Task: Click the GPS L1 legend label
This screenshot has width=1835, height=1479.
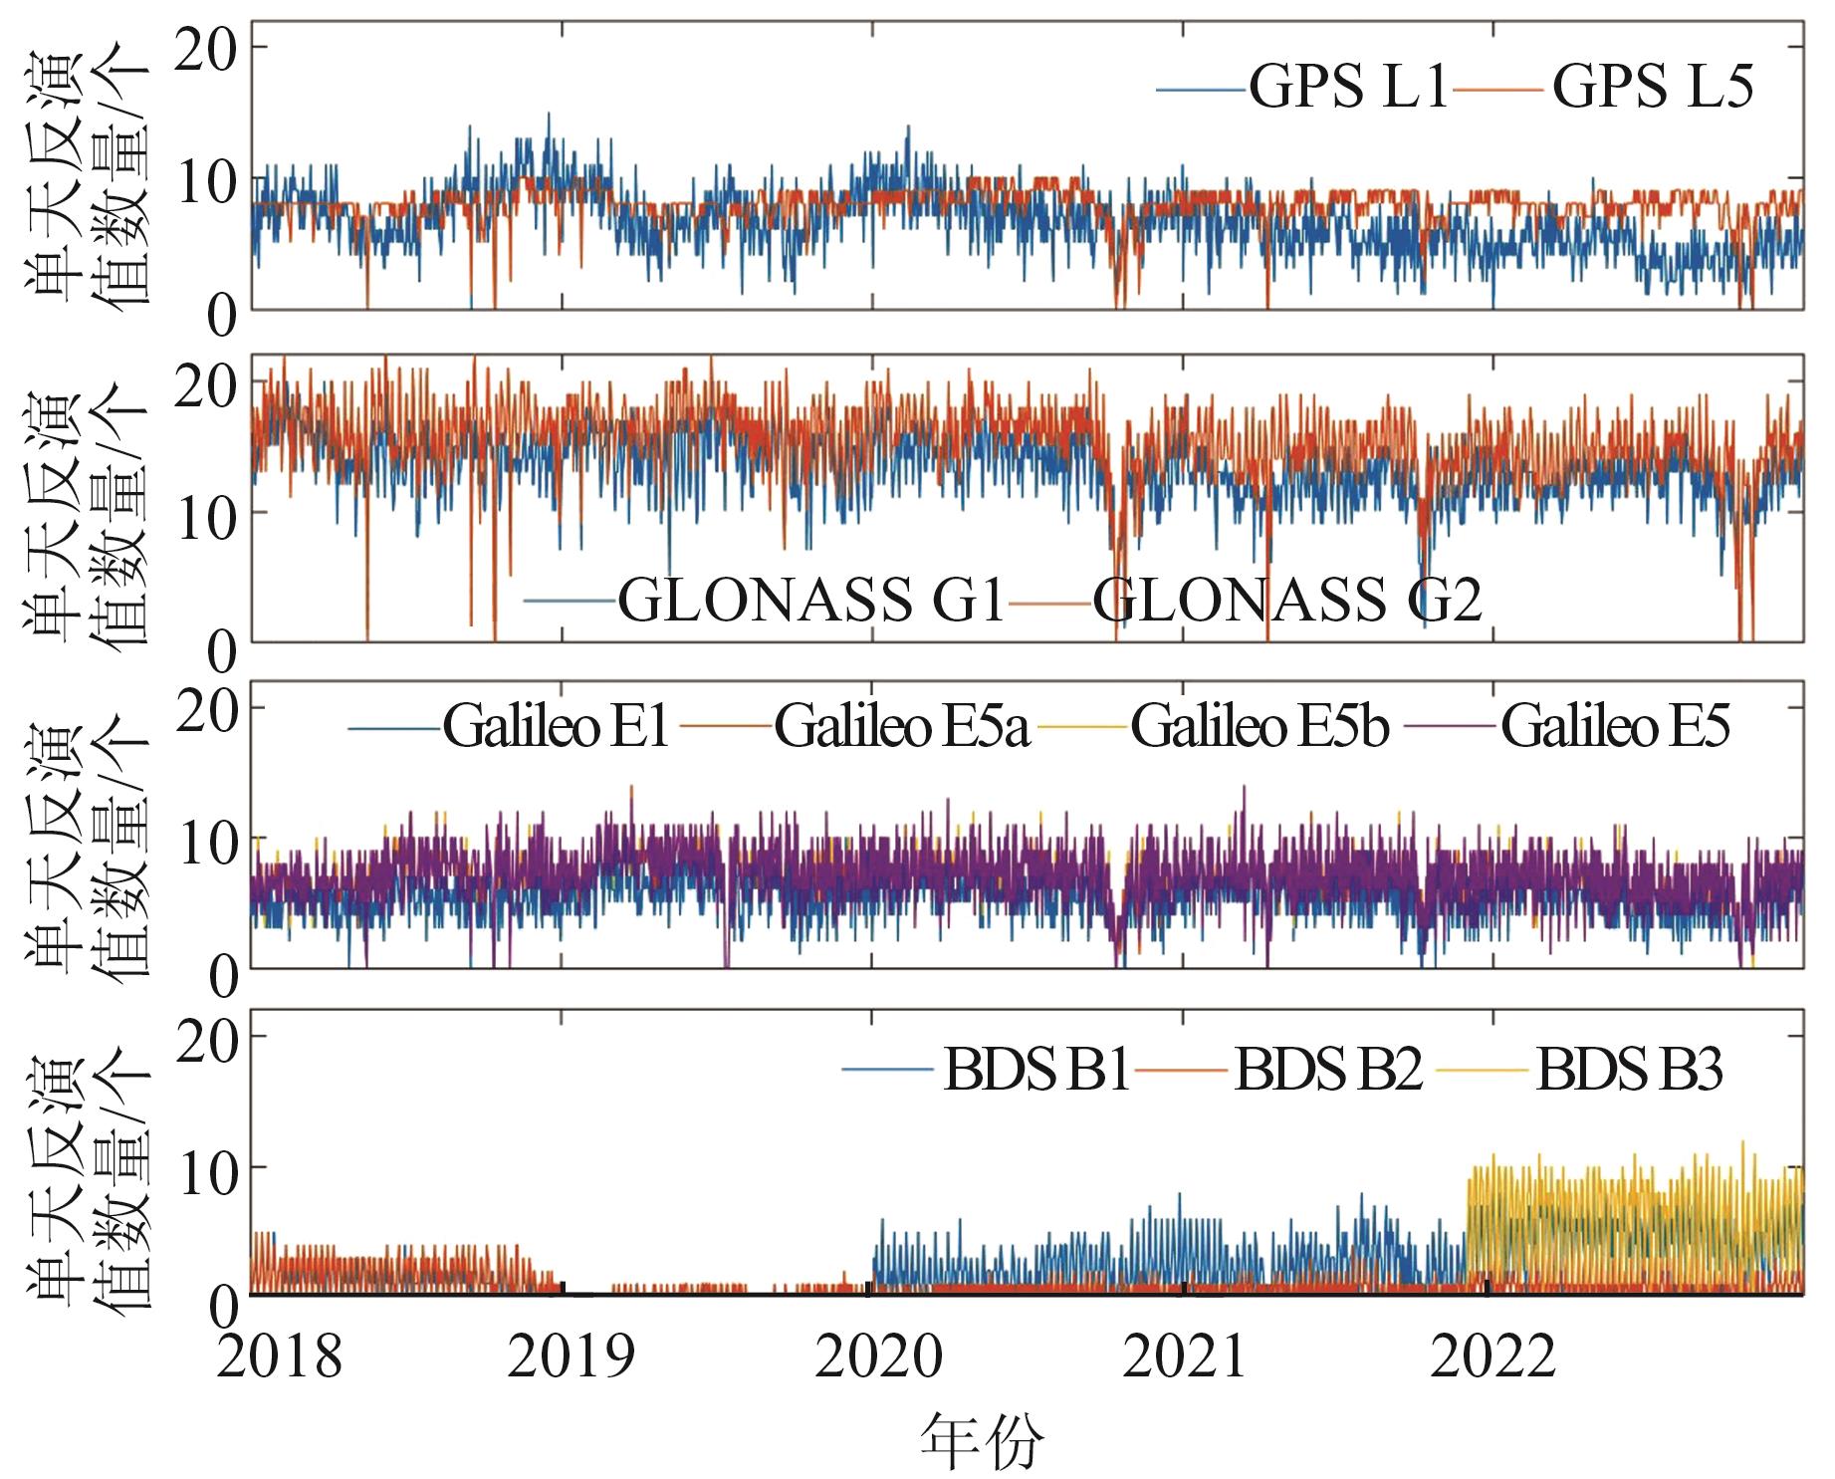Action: [x=1348, y=87]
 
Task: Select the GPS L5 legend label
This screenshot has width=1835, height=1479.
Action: [x=1653, y=87]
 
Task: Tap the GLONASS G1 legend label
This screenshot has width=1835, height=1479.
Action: [x=811, y=600]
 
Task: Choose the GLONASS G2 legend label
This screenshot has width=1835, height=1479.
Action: [x=1287, y=600]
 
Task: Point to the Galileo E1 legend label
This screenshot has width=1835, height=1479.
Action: [x=556, y=726]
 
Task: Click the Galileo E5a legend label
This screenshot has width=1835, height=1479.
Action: [x=901, y=726]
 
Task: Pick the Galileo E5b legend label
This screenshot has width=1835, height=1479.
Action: [x=1260, y=726]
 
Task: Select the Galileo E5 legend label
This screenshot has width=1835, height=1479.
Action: [x=1615, y=726]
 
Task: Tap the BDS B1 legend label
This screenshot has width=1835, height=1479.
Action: [x=1035, y=1071]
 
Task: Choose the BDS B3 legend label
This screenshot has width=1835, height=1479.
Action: [x=1629, y=1071]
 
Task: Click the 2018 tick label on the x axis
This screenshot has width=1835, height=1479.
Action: [x=279, y=1356]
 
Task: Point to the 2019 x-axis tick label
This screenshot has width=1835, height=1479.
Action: [x=571, y=1356]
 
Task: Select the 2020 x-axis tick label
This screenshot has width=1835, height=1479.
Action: [x=878, y=1356]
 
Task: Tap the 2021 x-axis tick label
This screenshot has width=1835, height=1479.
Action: [x=1185, y=1356]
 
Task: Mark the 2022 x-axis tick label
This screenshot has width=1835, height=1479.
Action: [x=1492, y=1356]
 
